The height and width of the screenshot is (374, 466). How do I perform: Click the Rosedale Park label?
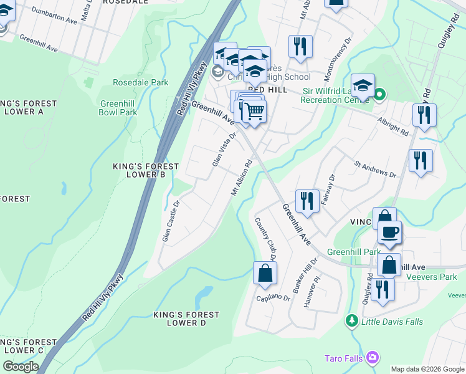[140, 82]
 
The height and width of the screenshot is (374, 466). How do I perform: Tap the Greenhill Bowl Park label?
[118, 108]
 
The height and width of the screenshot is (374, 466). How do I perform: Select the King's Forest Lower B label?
[145, 170]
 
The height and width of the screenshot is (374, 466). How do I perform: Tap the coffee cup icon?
[390, 232]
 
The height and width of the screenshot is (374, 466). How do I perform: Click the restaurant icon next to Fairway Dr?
[307, 201]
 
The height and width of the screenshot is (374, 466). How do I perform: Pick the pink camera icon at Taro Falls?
[373, 357]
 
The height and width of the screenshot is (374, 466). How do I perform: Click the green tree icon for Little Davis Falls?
[352, 321]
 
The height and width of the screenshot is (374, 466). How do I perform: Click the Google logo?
[21, 367]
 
